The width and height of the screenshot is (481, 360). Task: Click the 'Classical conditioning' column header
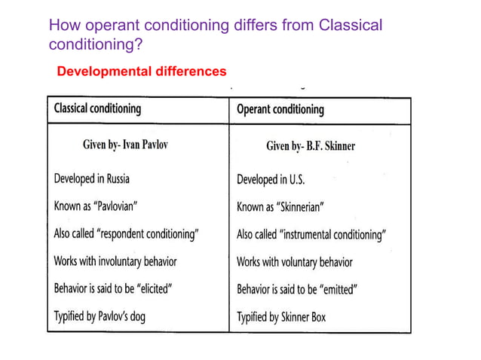click(97, 108)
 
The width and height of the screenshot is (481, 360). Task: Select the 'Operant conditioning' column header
click(280, 109)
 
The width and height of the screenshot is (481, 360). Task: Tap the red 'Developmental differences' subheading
click(142, 72)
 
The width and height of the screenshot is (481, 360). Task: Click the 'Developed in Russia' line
click(91, 179)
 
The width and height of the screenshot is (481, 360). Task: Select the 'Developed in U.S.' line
click(271, 180)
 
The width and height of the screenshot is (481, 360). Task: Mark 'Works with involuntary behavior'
click(115, 261)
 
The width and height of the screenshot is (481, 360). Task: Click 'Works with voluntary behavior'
click(295, 262)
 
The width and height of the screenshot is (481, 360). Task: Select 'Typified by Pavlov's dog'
click(100, 316)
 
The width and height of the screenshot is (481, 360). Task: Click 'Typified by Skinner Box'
click(281, 317)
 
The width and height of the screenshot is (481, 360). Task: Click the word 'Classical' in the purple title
click(351, 26)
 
